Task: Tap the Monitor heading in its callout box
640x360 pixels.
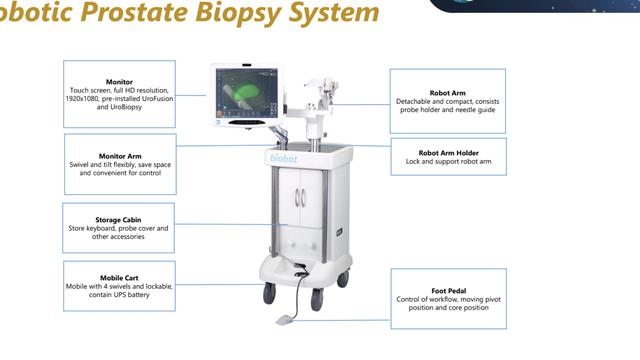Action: (x=119, y=82)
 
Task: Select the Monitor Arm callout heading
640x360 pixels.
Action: (x=119, y=156)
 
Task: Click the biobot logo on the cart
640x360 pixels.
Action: (x=284, y=157)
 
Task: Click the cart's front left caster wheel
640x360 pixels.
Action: (x=269, y=293)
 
